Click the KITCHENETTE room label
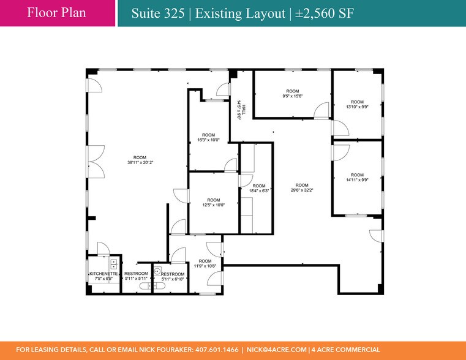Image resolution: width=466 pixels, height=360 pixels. click(x=103, y=274)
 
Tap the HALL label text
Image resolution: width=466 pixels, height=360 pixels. click(x=244, y=110)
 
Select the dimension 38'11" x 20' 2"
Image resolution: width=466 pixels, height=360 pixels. click(x=140, y=162)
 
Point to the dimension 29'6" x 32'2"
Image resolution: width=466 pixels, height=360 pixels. click(x=302, y=190)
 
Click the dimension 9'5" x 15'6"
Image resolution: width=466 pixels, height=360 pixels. click(x=293, y=96)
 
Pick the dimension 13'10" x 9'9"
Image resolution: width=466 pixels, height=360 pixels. click(x=357, y=107)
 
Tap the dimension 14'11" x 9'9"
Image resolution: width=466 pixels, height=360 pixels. click(x=357, y=180)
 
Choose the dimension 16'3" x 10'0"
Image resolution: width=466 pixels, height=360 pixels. click(x=208, y=140)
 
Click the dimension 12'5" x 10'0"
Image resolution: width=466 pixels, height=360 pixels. click(x=213, y=205)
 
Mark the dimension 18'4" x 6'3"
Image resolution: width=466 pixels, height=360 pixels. click(x=259, y=191)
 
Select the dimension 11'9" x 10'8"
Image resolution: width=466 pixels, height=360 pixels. click(x=205, y=266)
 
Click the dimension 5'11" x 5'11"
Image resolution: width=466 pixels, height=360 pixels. click(x=136, y=279)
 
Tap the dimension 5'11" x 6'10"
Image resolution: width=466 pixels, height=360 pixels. click(x=173, y=279)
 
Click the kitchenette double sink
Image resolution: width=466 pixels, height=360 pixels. click(x=113, y=264)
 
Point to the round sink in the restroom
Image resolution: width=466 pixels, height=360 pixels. click(x=157, y=271)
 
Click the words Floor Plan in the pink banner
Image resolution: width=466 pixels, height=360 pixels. click(x=56, y=13)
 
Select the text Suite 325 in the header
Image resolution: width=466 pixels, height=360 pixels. click(x=158, y=13)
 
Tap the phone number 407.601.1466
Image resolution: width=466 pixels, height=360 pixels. click(x=217, y=350)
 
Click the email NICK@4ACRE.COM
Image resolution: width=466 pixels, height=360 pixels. click(x=277, y=350)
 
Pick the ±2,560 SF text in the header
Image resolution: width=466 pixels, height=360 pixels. click(x=325, y=13)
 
